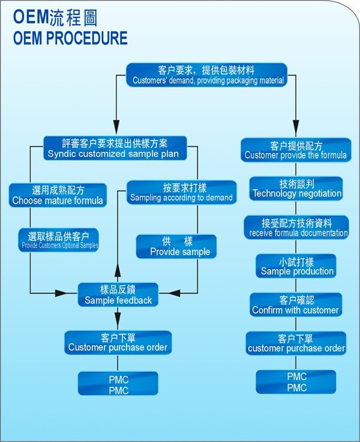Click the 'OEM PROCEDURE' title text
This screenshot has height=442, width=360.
[70, 38]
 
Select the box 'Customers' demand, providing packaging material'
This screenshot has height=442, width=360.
[209, 75]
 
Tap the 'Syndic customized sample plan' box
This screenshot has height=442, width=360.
[115, 148]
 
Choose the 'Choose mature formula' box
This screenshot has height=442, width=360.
[58, 196]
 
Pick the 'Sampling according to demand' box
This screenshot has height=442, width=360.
[181, 192]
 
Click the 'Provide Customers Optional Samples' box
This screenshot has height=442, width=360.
[59, 240]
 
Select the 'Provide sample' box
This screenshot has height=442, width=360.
[180, 247]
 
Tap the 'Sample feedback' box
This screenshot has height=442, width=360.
[118, 295]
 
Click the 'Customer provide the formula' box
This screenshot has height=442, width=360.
[295, 150]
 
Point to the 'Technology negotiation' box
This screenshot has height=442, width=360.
[296, 189]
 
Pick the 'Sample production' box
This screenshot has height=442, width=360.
[296, 267]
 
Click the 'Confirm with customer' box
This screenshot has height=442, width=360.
[296, 305]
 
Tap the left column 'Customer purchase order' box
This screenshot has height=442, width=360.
[118, 342]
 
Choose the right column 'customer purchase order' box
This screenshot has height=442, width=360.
[296, 343]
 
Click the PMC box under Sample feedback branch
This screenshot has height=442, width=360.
[118, 384]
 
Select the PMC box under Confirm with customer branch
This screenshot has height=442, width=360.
[296, 382]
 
